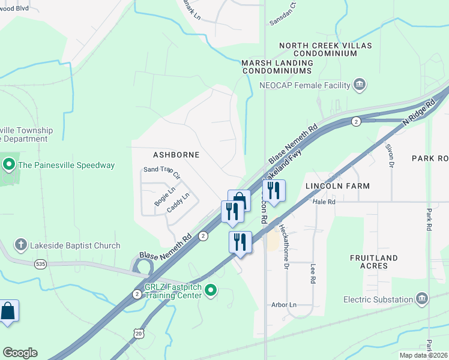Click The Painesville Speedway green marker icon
click(x=9, y=164)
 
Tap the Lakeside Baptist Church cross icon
click(x=21, y=245)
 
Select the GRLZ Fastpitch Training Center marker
click(x=210, y=291)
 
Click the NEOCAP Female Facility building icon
click(x=360, y=85)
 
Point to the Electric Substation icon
click(x=422, y=299)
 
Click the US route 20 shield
click(x=139, y=332)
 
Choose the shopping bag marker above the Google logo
click(x=7, y=311)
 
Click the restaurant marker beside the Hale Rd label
click(x=274, y=191)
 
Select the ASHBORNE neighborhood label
click(x=175, y=155)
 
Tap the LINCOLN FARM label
click(x=337, y=186)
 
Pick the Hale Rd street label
click(x=324, y=202)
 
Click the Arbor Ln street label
click(x=285, y=305)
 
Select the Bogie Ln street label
click(x=164, y=197)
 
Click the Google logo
click(x=20, y=353)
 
